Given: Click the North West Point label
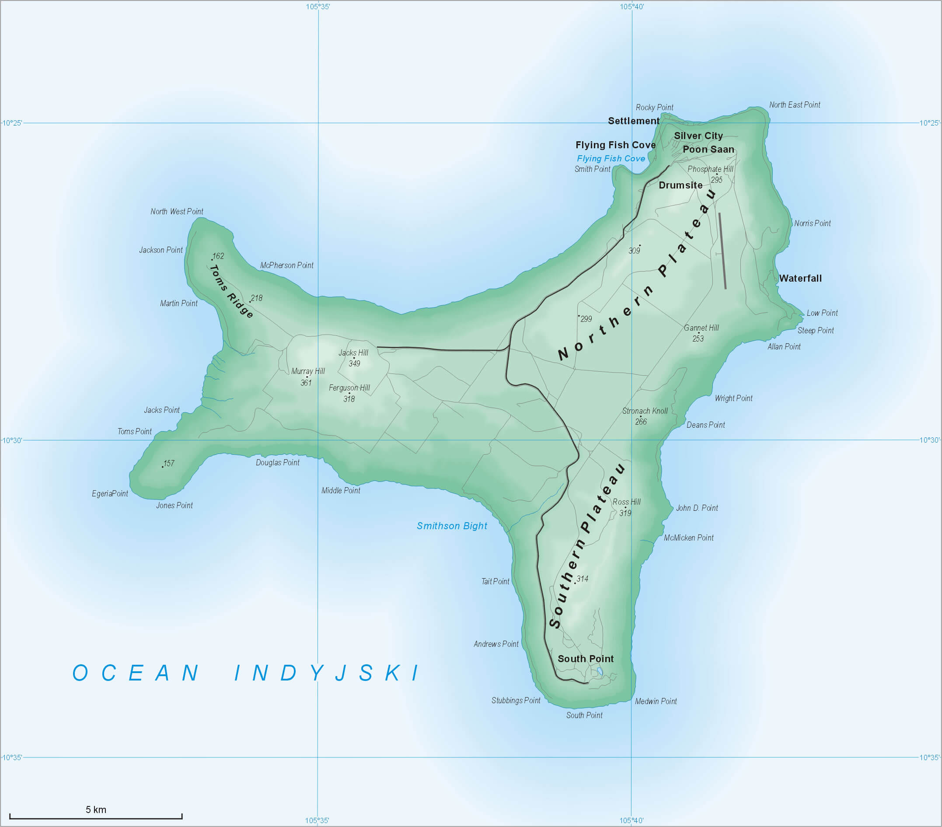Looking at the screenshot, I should (x=177, y=212).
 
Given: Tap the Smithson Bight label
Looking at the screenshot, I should (x=452, y=526).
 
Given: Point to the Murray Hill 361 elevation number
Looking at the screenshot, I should (x=306, y=383).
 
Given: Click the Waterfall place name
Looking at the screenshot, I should (x=800, y=279).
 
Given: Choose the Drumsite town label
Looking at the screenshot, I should (x=680, y=185).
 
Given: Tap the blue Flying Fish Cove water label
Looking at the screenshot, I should (x=611, y=159).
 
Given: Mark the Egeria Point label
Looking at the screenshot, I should (x=110, y=494).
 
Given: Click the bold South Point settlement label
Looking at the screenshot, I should (x=585, y=659).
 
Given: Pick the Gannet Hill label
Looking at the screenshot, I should (x=701, y=328).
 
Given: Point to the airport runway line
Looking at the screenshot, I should (x=722, y=251).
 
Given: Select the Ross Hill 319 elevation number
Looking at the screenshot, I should (x=625, y=513).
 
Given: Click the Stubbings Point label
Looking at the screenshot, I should (x=516, y=701).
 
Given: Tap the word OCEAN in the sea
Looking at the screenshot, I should (x=136, y=673).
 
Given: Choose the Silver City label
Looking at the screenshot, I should (x=698, y=136).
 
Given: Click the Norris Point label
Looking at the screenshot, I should (x=812, y=223).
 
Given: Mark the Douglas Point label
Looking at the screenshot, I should (x=277, y=463).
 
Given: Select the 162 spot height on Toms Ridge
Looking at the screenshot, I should (x=217, y=256).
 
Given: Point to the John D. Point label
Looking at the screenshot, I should (x=697, y=508).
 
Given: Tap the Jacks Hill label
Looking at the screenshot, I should (x=353, y=353).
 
